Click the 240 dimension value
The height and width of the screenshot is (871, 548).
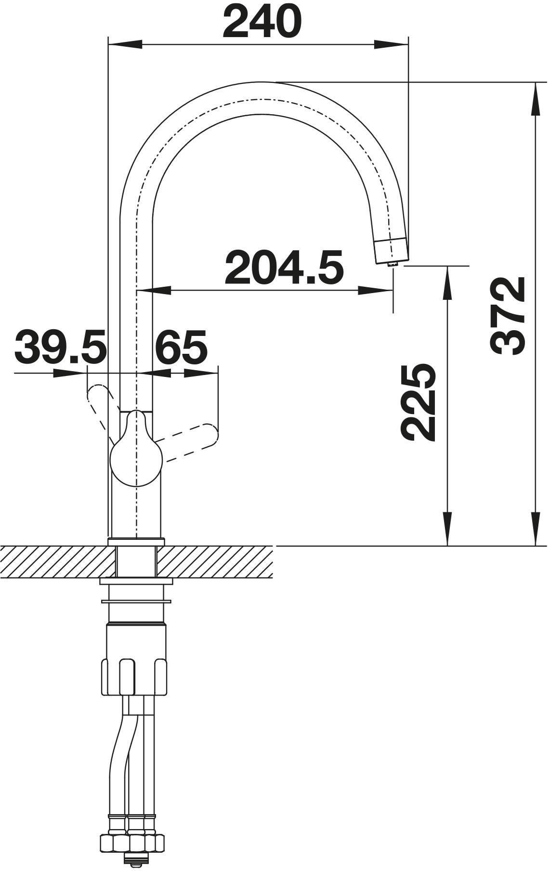click(x=262, y=22)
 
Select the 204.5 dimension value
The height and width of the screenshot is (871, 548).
click(x=285, y=266)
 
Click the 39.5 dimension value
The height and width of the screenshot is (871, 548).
click(x=60, y=347)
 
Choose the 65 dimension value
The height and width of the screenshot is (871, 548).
click(x=181, y=347)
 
